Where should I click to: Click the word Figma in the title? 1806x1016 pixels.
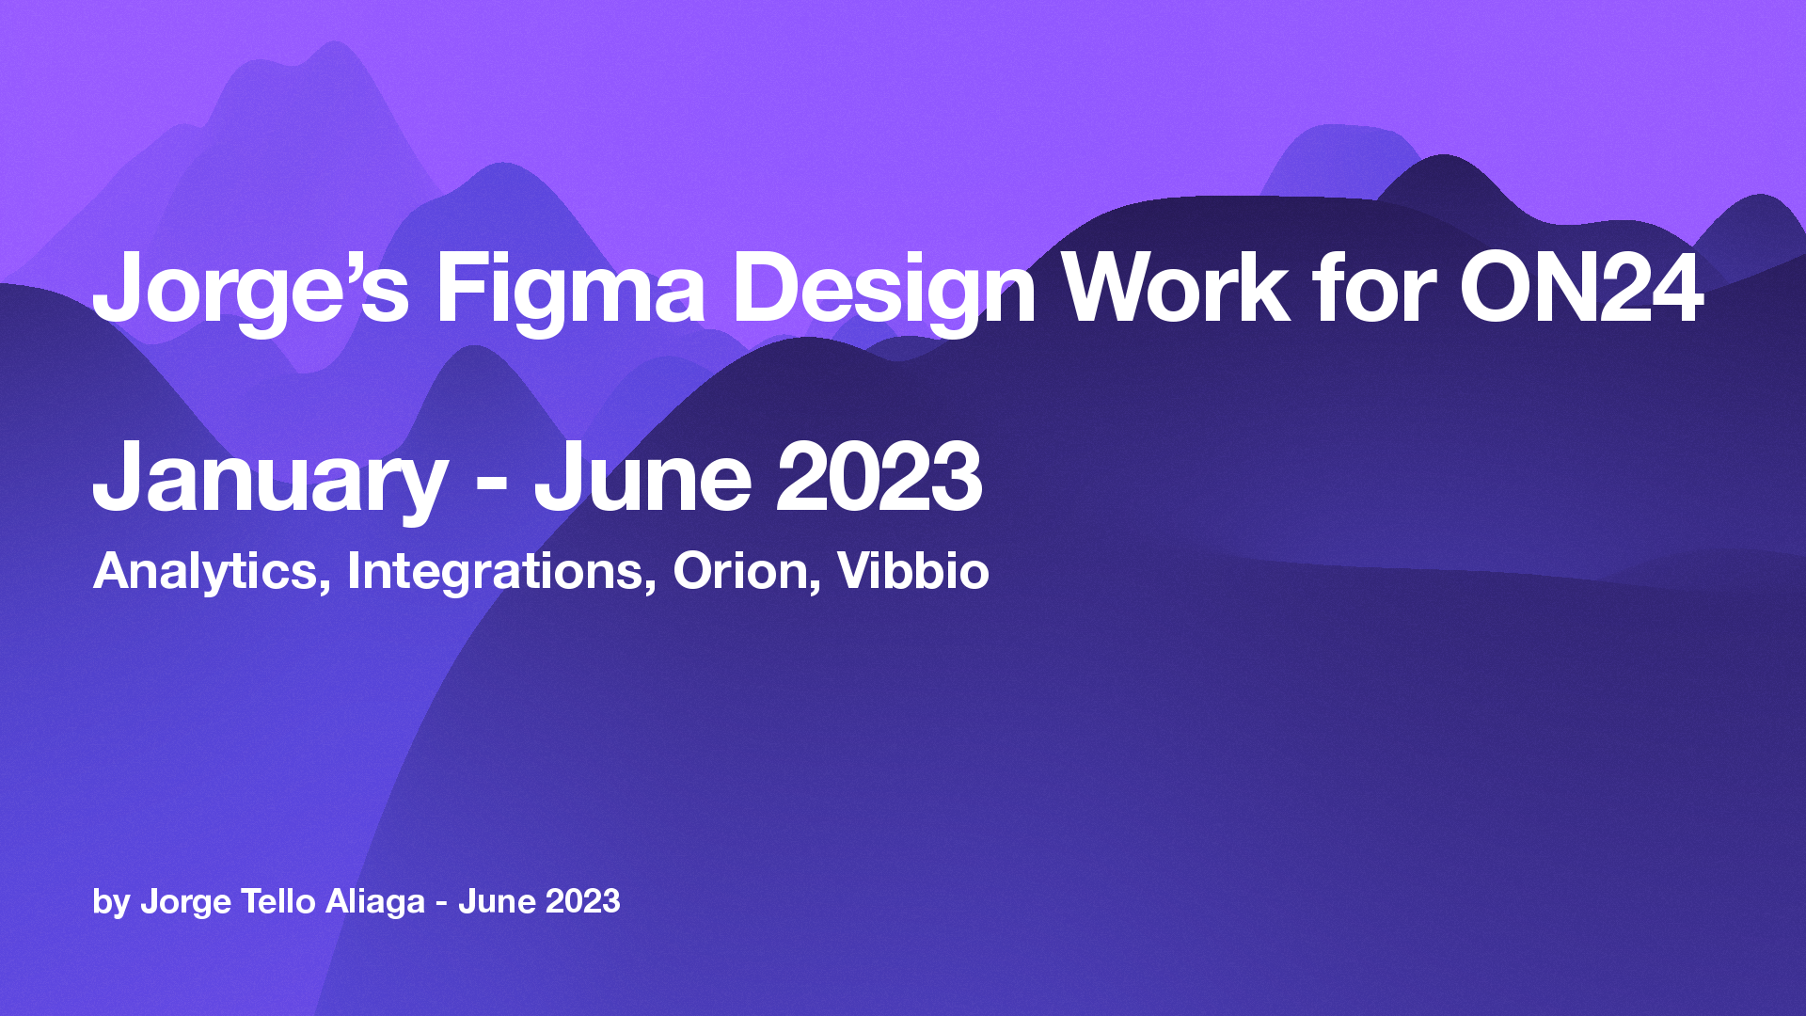click(569, 290)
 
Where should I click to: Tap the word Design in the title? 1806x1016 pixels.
click(883, 290)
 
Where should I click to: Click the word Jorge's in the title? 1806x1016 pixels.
click(250, 290)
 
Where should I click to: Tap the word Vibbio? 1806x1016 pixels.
click(912, 570)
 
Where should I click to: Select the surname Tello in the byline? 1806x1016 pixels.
click(278, 901)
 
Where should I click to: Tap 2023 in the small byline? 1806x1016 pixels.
click(583, 901)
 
